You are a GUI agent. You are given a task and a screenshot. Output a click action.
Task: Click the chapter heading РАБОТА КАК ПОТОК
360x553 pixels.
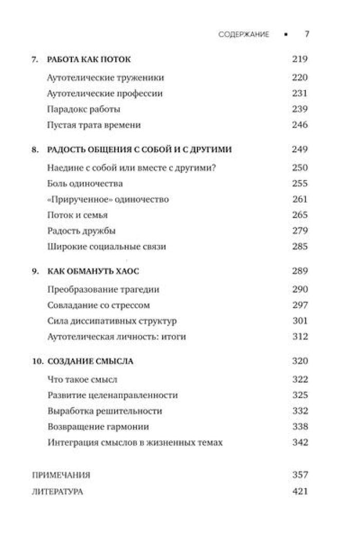tap(88, 59)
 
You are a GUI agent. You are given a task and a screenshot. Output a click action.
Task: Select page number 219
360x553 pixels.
tap(299, 59)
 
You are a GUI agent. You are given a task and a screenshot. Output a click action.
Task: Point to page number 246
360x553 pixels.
tap(299, 124)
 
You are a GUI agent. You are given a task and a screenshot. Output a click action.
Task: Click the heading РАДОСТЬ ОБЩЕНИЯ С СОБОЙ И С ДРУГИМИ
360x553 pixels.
tap(139, 150)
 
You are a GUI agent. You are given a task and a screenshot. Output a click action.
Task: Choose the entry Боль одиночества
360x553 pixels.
tap(84, 184)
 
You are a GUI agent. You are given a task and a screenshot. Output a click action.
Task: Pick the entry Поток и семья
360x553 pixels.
tap(77, 215)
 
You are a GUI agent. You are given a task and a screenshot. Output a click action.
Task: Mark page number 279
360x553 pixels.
tap(299, 230)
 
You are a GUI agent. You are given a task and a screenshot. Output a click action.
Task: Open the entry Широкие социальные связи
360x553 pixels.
tap(106, 246)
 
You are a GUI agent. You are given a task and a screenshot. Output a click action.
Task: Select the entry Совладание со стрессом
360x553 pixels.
tap(98, 305)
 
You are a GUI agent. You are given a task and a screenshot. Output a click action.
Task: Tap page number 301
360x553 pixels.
tap(299, 320)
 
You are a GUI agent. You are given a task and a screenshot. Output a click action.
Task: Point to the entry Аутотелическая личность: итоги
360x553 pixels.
tap(116, 336)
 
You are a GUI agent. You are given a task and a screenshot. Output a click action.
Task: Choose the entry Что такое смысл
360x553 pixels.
tap(82, 380)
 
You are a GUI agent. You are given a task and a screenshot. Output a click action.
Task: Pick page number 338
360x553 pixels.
tap(299, 426)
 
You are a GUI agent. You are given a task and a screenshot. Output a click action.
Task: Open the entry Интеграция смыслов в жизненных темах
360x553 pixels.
tap(135, 442)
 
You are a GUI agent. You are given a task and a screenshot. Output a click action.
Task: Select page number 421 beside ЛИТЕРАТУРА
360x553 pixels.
tap(299, 491)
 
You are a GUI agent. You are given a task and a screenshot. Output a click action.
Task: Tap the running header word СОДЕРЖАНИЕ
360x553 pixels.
tap(244, 34)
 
